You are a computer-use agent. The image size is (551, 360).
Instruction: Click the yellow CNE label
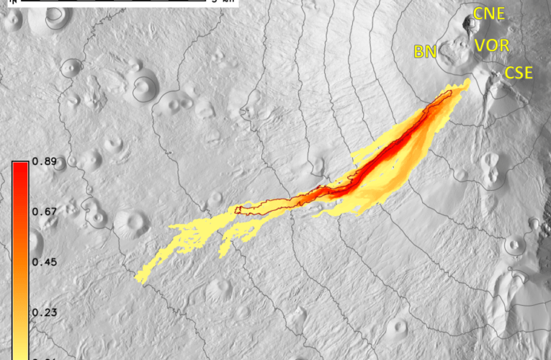pos(489,13)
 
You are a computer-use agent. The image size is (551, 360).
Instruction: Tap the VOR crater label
pos(492,46)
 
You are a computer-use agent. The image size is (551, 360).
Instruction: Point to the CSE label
pos(518,73)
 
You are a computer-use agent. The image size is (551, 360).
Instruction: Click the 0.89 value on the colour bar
pos(44,163)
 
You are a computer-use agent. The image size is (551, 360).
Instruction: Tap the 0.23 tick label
pos(44,312)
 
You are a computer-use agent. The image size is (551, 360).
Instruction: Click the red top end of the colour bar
pos(20,167)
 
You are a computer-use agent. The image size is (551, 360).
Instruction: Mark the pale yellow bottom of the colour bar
pos(20,353)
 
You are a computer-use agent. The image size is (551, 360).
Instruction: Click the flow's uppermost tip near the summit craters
pos(467,82)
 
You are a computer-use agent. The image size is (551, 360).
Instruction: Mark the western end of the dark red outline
pos(238,210)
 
